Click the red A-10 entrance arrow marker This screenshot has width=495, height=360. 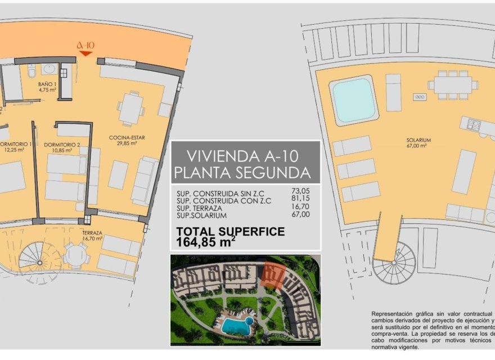pos(85,53)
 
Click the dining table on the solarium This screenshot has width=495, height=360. pos(452,85)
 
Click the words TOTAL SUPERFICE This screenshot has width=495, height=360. pos(230,231)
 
